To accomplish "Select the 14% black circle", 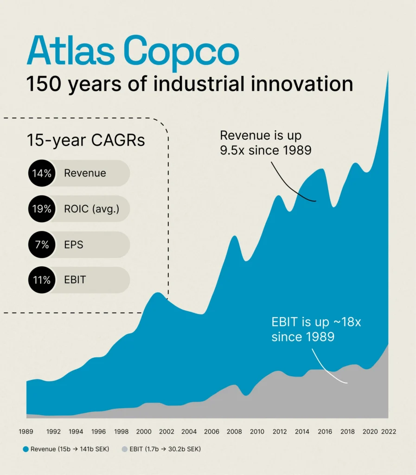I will point(41,173).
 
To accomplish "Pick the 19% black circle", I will point(41,209).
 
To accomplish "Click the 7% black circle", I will point(41,244).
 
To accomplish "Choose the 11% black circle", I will point(41,280).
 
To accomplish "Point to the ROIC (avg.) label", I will point(91,209).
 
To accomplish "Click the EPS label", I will point(74,244).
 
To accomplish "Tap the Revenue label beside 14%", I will point(85,173).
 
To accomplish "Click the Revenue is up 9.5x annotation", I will point(265,143).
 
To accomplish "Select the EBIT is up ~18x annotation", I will point(316,329).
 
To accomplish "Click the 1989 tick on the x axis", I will point(26,431).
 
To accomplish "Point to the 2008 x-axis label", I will point(234,431).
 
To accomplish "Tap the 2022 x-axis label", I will point(388,431).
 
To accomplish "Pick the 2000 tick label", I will point(144,431).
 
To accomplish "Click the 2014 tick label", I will point(302,431).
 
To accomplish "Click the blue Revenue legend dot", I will point(26,449).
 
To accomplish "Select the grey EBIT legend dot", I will point(125,449).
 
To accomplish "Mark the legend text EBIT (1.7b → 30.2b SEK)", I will point(165,449).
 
